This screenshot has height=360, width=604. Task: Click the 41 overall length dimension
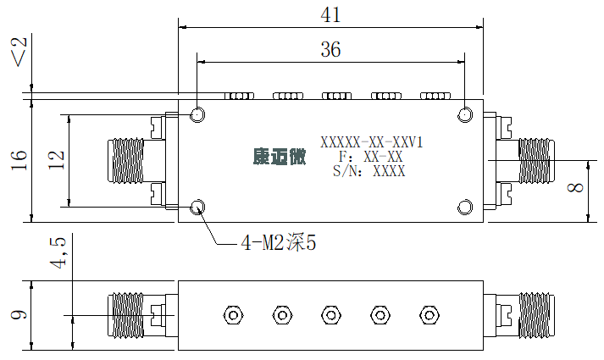[x=330, y=15]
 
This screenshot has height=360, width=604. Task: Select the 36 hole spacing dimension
[x=330, y=49]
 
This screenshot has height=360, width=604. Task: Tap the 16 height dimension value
[x=19, y=160]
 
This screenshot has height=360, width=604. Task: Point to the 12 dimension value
[x=56, y=160]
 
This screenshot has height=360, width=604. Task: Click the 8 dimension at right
[x=575, y=187]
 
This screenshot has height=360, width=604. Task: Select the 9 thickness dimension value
[x=19, y=314]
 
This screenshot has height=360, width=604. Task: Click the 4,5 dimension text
[x=58, y=252]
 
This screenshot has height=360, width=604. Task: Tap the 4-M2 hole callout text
[x=279, y=243]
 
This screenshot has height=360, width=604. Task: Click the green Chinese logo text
[x=280, y=157]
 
